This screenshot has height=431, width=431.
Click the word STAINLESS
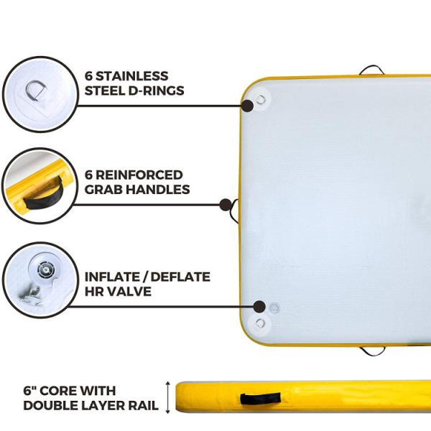pos(132,76)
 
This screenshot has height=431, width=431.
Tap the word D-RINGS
pos(156,91)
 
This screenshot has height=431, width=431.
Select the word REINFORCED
pos(139,175)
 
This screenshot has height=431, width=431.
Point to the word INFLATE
pos(113,277)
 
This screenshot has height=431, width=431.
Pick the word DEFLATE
pos(180,277)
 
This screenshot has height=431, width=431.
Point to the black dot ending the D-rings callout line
pos(247,106)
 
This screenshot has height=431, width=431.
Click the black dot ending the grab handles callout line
pos(226,205)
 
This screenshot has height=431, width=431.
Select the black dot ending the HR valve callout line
pos(259,307)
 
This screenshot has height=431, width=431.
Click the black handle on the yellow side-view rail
pos(260,399)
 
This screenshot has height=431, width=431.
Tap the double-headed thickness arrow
pos(167,397)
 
